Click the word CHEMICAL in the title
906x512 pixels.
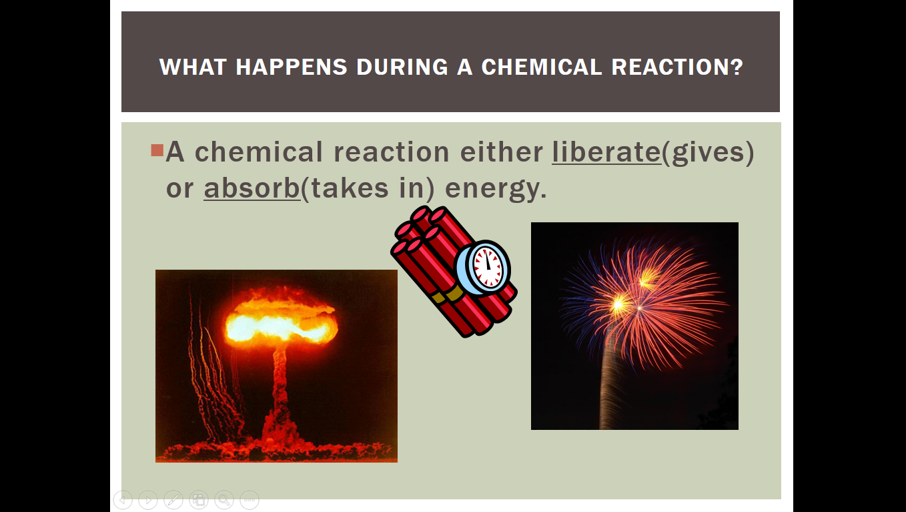click(542, 67)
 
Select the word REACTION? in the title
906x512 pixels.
click(677, 67)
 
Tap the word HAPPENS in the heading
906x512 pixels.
click(291, 67)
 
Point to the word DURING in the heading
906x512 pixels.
click(402, 67)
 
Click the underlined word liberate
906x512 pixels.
click(606, 152)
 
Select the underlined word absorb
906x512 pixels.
click(252, 188)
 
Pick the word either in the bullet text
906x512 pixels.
click(502, 152)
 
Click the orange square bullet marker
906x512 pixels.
click(157, 150)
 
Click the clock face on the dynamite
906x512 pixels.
click(488, 268)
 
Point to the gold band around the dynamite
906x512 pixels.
click(448, 296)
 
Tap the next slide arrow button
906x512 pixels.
click(148, 500)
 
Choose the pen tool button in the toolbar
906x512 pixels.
click(173, 500)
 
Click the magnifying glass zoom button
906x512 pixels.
click(224, 500)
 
